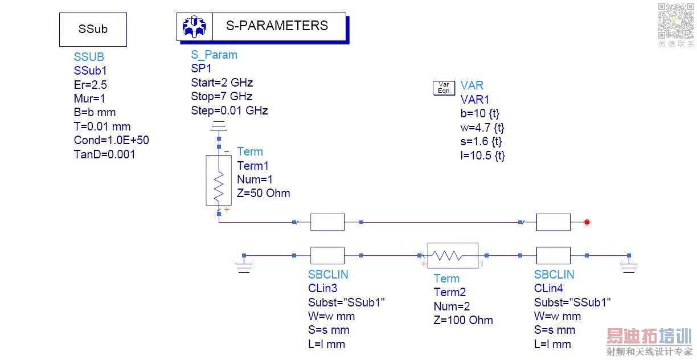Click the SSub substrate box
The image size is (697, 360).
[93, 29]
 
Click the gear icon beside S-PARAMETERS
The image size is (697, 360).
[194, 26]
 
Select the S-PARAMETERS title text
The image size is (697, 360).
[277, 26]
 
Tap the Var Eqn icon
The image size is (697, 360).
[444, 88]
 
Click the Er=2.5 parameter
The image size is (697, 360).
[91, 85]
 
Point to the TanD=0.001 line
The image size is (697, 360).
[105, 154]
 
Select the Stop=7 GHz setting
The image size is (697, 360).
[222, 96]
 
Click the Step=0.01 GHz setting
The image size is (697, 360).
[229, 111]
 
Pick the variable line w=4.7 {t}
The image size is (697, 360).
[482, 128]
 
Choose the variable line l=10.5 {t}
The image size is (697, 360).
[482, 156]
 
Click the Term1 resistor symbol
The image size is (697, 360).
[219, 179]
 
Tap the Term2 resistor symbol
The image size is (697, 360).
[453, 256]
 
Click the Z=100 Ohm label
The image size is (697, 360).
[463, 320]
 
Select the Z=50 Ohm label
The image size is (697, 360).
[263, 193]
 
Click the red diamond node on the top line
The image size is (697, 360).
[587, 222]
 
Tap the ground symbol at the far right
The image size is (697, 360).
[629, 265]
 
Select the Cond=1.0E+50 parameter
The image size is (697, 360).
[111, 140]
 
